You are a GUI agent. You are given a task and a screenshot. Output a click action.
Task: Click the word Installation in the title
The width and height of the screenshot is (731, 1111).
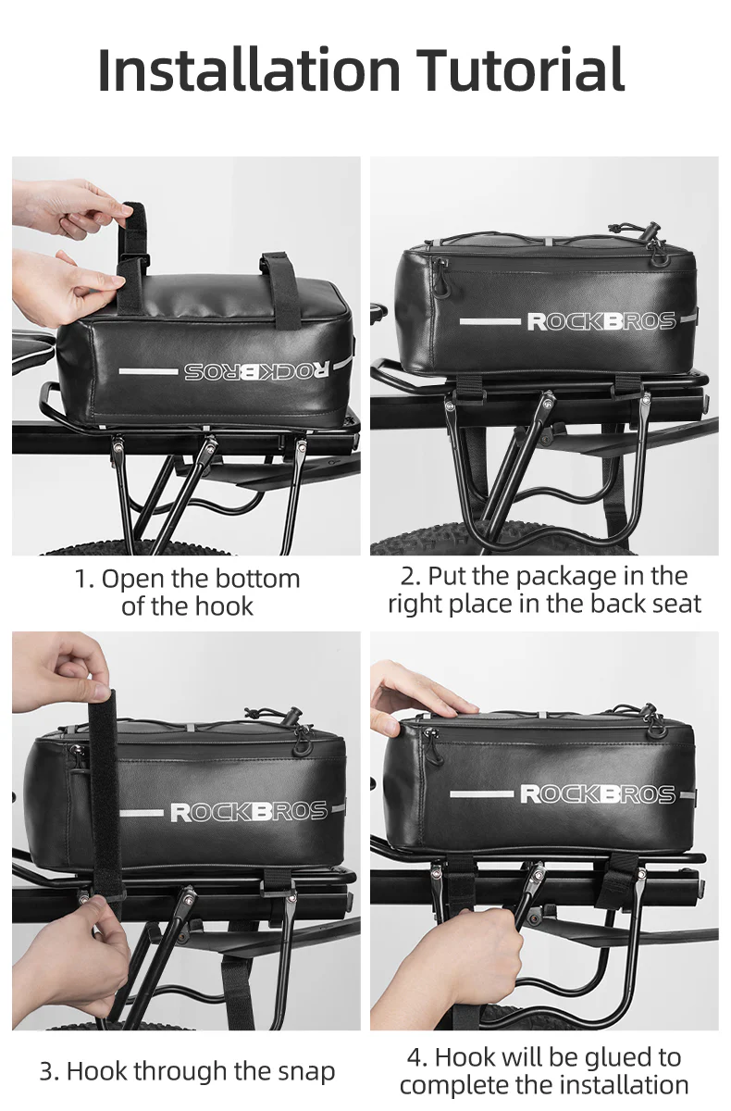(248, 70)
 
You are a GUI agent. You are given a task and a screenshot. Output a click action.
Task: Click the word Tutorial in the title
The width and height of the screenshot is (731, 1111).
(520, 70)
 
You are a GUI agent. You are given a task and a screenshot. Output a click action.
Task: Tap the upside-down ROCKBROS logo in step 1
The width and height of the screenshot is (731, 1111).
(254, 370)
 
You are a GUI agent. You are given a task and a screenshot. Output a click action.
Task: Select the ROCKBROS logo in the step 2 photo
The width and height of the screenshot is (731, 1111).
(601, 321)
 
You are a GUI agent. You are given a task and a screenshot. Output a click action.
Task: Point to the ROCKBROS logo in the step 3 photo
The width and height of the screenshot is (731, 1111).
(248, 812)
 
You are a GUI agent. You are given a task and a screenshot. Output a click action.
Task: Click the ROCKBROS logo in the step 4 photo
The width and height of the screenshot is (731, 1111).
(598, 793)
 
